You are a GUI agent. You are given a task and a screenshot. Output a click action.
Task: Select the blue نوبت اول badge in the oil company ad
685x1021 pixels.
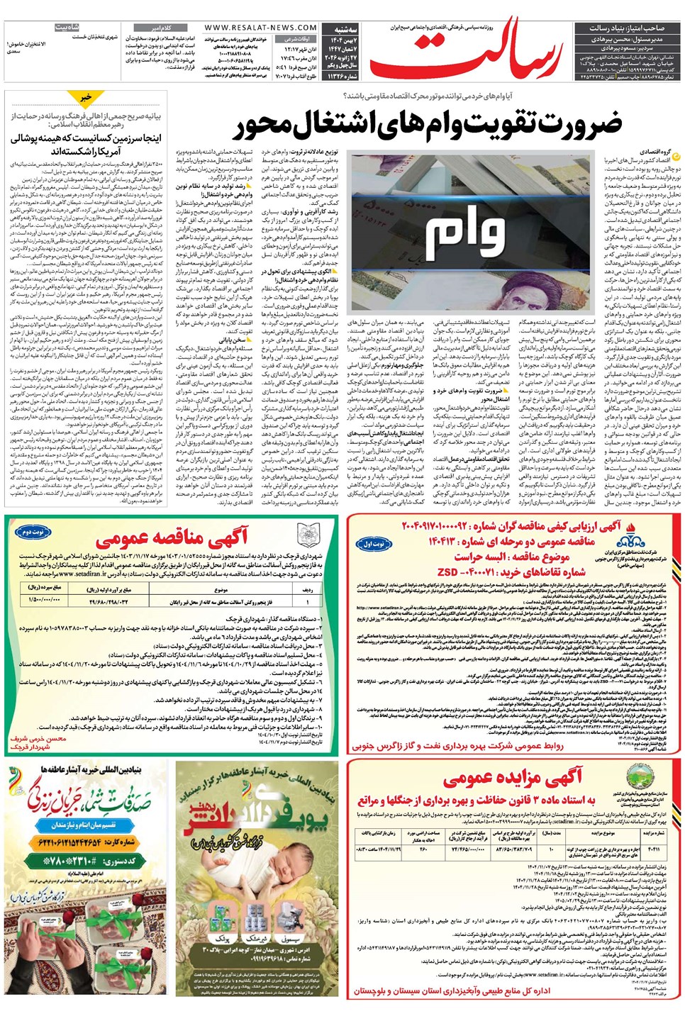click(374, 545)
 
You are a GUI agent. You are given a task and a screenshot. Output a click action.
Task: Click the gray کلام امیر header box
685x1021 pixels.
click(155, 28)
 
